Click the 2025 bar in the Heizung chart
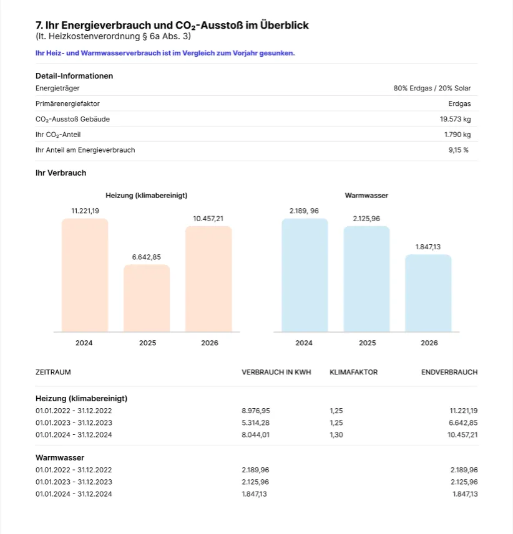pyautogui.click(x=147, y=298)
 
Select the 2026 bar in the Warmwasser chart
pyautogui.click(x=428, y=293)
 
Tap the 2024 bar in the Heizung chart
pyautogui.click(x=85, y=275)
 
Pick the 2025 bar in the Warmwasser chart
pyautogui.click(x=367, y=279)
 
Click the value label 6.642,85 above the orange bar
pyautogui.click(x=146, y=257)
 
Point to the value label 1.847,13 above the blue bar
pyautogui.click(x=428, y=247)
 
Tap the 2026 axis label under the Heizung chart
pyautogui.click(x=210, y=343)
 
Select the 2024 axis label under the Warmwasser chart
pyautogui.click(x=304, y=343)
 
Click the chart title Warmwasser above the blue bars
pyautogui.click(x=366, y=196)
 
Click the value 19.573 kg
pyautogui.click(x=456, y=119)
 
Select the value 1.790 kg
pyautogui.click(x=457, y=135)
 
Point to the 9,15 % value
pyautogui.click(x=459, y=150)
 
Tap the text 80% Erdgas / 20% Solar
pyautogui.click(x=432, y=88)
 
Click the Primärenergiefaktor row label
pyautogui.click(x=67, y=103)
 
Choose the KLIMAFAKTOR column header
pyautogui.click(x=354, y=372)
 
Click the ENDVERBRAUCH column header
pyautogui.click(x=449, y=372)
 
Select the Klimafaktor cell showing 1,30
pyautogui.click(x=336, y=435)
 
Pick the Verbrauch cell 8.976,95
pyautogui.click(x=256, y=411)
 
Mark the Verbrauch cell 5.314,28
pyautogui.click(x=255, y=422)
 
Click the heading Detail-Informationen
pyautogui.click(x=74, y=76)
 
